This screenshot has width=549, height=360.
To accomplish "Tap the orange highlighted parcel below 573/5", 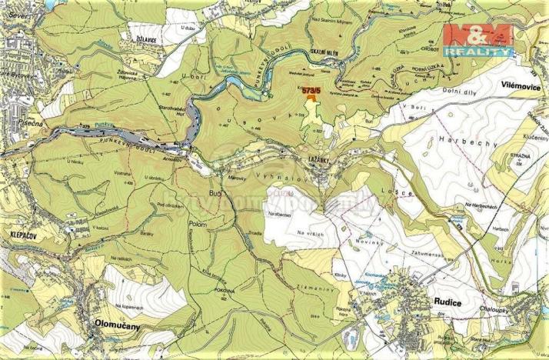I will pos(310,96).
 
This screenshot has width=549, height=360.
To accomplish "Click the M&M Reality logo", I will pos(477,38).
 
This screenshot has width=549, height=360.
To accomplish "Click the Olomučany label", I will pos(117,325).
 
